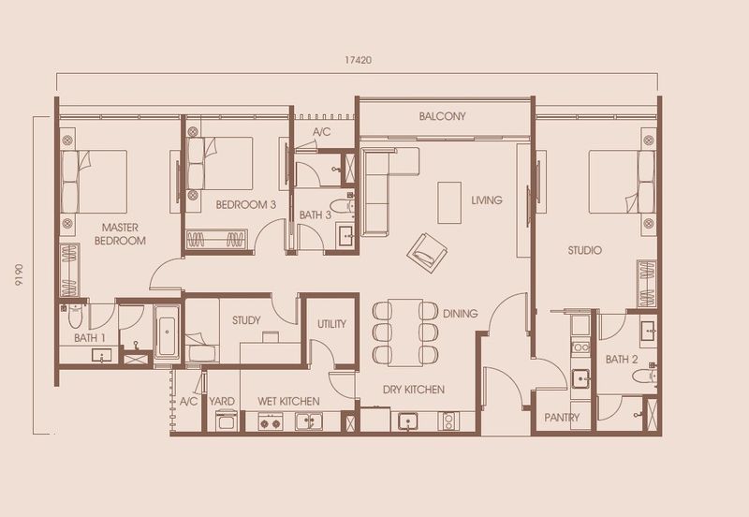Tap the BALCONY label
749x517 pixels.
[x=443, y=116]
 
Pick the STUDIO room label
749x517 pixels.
[x=584, y=250]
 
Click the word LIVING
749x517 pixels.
[x=487, y=200]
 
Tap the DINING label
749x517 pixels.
[x=461, y=314]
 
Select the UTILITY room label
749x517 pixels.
[x=331, y=324]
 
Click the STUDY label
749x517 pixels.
[x=246, y=320]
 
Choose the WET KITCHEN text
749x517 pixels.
[x=288, y=401]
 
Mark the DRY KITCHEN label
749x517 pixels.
[x=413, y=389]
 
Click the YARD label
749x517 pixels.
[x=222, y=401]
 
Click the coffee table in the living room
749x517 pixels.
[x=449, y=200]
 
